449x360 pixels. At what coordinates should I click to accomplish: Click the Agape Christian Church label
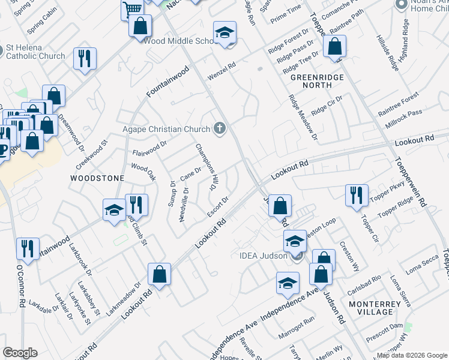pyautogui.click(x=166, y=129)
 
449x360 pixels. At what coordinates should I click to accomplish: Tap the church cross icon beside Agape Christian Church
pyautogui.click(x=220, y=128)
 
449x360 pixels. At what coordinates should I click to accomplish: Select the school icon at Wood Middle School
pyautogui.click(x=225, y=32)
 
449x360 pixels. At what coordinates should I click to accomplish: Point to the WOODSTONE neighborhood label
pyautogui.click(x=97, y=178)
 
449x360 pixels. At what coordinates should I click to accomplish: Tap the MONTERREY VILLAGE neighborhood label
pyautogui.click(x=375, y=308)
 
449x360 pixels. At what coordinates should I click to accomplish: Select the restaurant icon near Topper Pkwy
pyautogui.click(x=357, y=194)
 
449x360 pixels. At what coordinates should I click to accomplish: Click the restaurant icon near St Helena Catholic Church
pyautogui.click(x=85, y=58)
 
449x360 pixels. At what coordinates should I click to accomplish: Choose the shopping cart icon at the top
pyautogui.click(x=131, y=8)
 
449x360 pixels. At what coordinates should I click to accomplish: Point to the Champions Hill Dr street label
pyautogui.click(x=204, y=167)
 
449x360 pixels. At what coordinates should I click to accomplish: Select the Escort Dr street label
pyautogui.click(x=218, y=207)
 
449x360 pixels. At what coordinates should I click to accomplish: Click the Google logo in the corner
pyautogui.click(x=20, y=353)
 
